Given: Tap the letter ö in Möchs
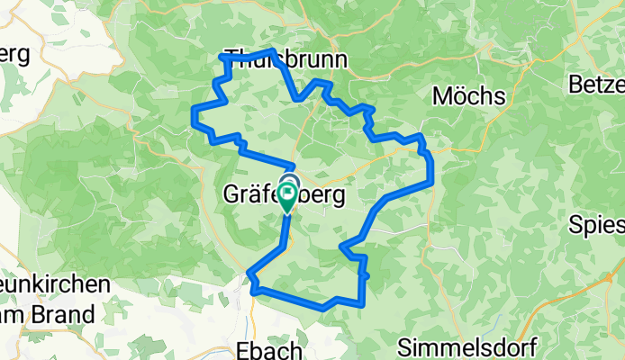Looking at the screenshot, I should click(x=458, y=94).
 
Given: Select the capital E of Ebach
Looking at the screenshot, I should click(x=240, y=348).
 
